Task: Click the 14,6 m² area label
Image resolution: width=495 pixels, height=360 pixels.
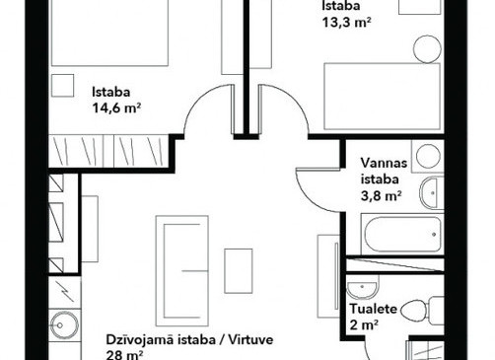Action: click(x=116, y=108)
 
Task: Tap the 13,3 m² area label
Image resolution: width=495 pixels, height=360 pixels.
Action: click(x=347, y=23)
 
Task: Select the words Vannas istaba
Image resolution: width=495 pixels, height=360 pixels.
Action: click(x=384, y=171)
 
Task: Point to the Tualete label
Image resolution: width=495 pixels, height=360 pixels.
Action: click(x=373, y=309)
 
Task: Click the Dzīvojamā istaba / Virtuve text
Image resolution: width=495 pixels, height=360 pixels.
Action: click(x=189, y=339)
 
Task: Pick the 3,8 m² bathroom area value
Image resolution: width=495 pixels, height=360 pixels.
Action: click(x=382, y=196)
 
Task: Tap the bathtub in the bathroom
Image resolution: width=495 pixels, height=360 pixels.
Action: click(x=402, y=234)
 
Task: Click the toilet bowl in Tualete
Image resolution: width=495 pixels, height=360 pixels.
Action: click(x=414, y=311)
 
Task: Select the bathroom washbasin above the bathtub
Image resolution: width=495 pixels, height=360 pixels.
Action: click(x=432, y=193)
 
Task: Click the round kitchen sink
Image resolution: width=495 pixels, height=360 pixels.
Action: click(x=65, y=325)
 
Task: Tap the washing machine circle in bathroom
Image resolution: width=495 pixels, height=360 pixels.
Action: click(x=428, y=157)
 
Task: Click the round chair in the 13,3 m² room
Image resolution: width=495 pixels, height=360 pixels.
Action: click(x=427, y=49)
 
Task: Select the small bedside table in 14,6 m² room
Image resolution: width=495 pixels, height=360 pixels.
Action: click(x=62, y=86)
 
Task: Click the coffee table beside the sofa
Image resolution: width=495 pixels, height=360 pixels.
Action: click(x=239, y=271)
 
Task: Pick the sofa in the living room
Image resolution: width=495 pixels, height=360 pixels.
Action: click(x=182, y=271)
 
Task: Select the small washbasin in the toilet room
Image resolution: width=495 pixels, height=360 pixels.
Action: click(x=362, y=289)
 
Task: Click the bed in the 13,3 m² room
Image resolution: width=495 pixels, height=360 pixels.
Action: click(x=382, y=97)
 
